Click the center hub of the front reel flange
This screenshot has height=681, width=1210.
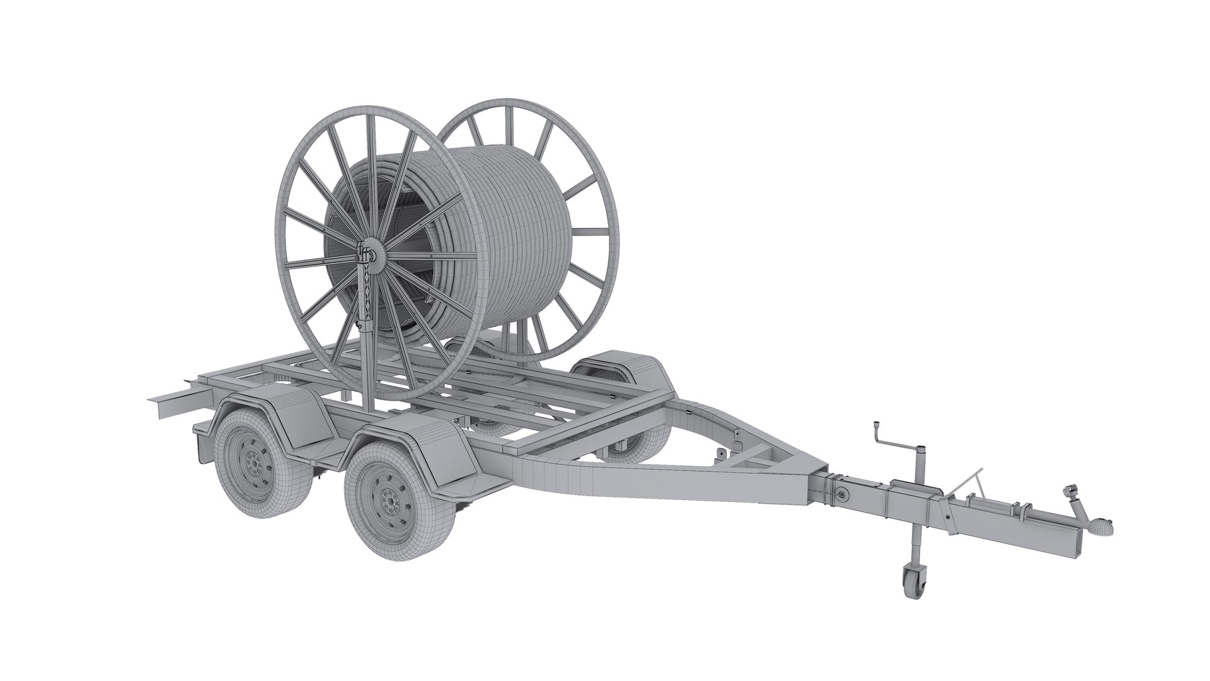tap(372, 255)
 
